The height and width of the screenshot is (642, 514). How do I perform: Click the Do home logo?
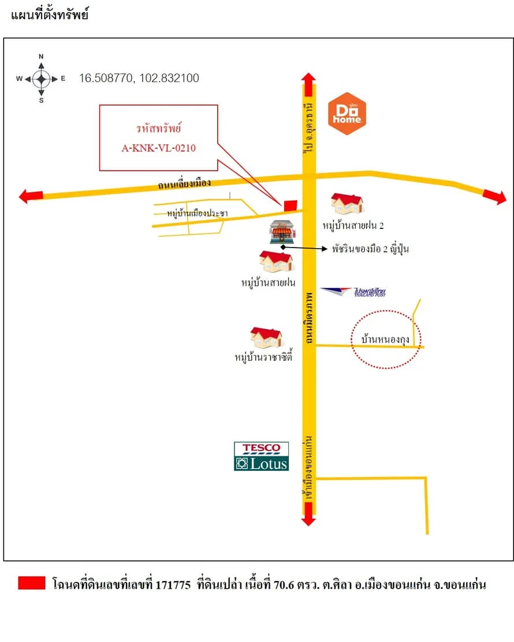pos(347,113)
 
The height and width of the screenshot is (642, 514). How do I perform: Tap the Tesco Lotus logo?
pos(261,456)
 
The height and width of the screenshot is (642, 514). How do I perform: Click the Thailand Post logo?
pos(353,292)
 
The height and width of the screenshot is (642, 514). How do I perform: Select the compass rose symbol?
pos(41,79)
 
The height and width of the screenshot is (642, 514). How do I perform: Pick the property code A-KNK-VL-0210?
pos(159,148)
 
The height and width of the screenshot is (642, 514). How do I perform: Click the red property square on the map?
pos(290,205)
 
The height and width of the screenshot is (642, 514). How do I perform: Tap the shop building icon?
pos(282,232)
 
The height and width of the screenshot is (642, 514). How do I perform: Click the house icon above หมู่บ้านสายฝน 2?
pos(347,204)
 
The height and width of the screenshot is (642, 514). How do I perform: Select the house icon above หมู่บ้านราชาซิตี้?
pos(266,338)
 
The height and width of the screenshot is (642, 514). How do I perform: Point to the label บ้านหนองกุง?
pos(385,340)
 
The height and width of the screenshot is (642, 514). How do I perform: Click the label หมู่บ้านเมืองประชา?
pos(198,213)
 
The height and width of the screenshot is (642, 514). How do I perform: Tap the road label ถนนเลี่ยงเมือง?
pos(184,184)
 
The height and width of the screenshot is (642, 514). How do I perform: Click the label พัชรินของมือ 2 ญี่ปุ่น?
pos(370,249)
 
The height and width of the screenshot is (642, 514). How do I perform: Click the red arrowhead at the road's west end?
pos(31,196)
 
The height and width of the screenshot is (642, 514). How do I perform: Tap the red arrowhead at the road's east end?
pos(495,197)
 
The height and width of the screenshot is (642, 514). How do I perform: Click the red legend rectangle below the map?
pos(32,582)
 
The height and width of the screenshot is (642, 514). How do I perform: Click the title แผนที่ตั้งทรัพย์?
pos(50,14)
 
